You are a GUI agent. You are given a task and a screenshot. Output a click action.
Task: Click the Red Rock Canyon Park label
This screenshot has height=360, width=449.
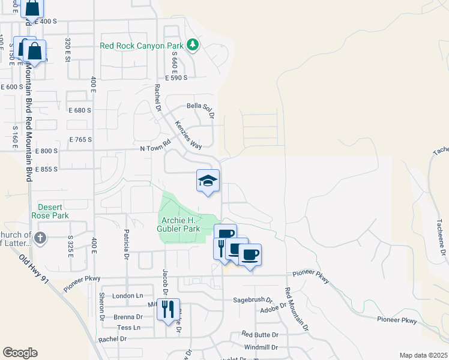[x=142, y=46]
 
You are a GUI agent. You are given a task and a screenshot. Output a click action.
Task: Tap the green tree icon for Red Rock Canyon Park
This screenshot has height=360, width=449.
[x=193, y=45]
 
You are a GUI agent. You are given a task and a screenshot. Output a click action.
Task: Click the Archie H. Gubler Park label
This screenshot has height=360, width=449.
[x=178, y=224]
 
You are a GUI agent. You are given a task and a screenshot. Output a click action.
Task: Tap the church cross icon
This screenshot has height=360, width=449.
[x=40, y=238]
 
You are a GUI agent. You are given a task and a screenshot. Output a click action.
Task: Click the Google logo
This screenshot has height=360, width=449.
[x=20, y=353]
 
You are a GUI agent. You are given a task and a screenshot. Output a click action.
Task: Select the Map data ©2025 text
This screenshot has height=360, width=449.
[x=423, y=355]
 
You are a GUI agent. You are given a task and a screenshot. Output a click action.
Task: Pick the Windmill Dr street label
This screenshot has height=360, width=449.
[x=261, y=347]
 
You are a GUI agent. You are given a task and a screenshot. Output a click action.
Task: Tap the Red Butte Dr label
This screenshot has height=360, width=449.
[x=260, y=334]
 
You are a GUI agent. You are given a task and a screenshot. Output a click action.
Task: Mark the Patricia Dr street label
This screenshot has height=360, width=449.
[x=127, y=242]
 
